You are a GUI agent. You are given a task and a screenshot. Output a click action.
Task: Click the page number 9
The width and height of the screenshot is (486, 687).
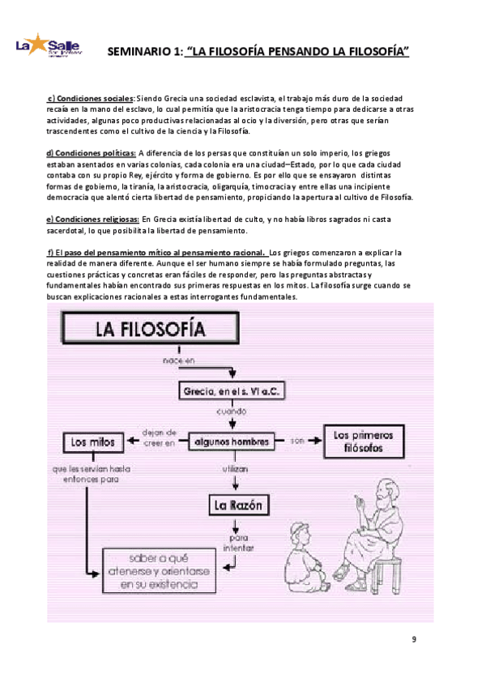[414, 640]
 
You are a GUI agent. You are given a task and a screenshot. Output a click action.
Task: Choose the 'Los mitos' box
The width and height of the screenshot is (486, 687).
[94, 442]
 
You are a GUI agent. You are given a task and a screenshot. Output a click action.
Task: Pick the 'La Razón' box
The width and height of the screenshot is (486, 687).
[237, 506]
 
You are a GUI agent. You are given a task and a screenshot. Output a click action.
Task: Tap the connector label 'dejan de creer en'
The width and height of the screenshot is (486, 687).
[157, 437]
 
